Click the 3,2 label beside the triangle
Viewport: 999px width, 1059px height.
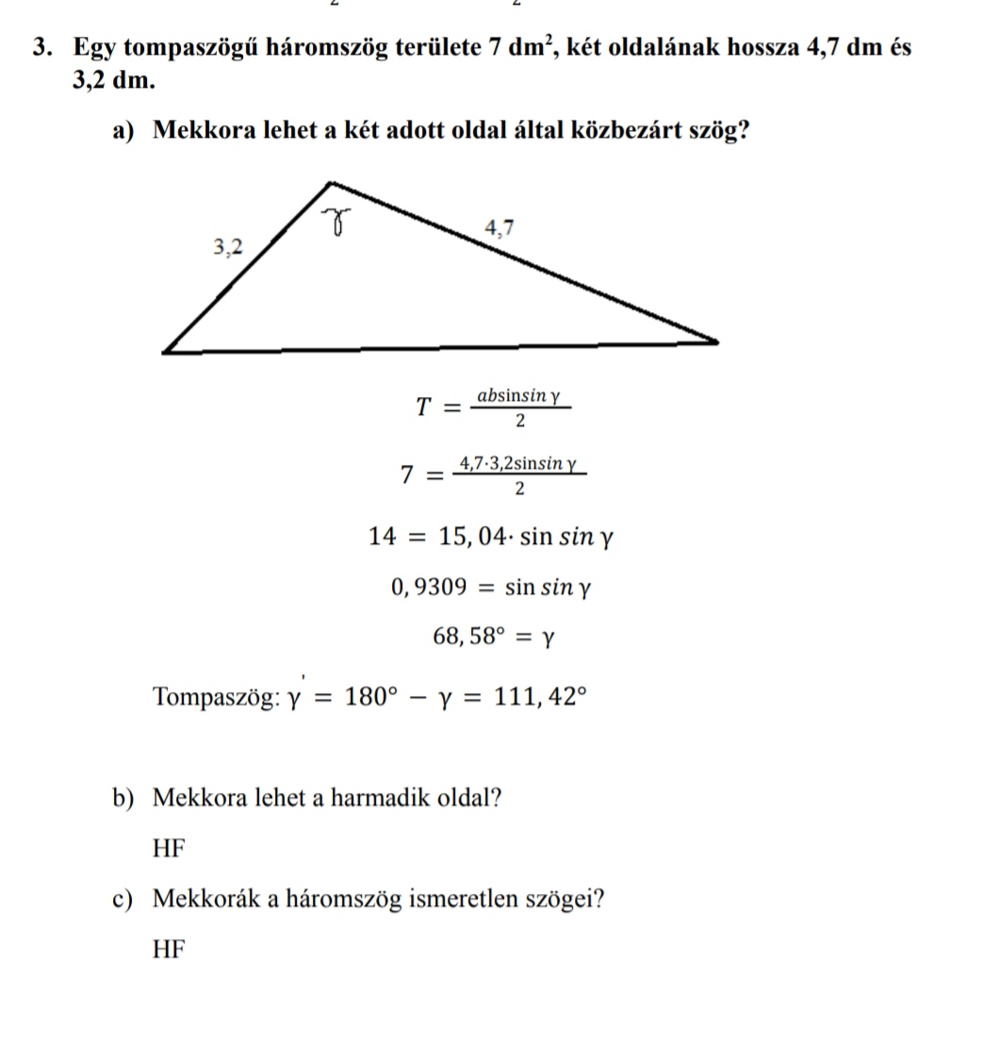tap(227, 248)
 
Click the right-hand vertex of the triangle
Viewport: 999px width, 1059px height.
tap(716, 341)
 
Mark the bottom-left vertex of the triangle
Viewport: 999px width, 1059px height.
tap(165, 352)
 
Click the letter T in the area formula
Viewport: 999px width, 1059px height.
tap(424, 407)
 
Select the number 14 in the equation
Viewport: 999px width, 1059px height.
tap(384, 538)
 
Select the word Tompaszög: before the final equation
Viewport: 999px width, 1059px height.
tap(216, 698)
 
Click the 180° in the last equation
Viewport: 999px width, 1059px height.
tap(367, 697)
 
